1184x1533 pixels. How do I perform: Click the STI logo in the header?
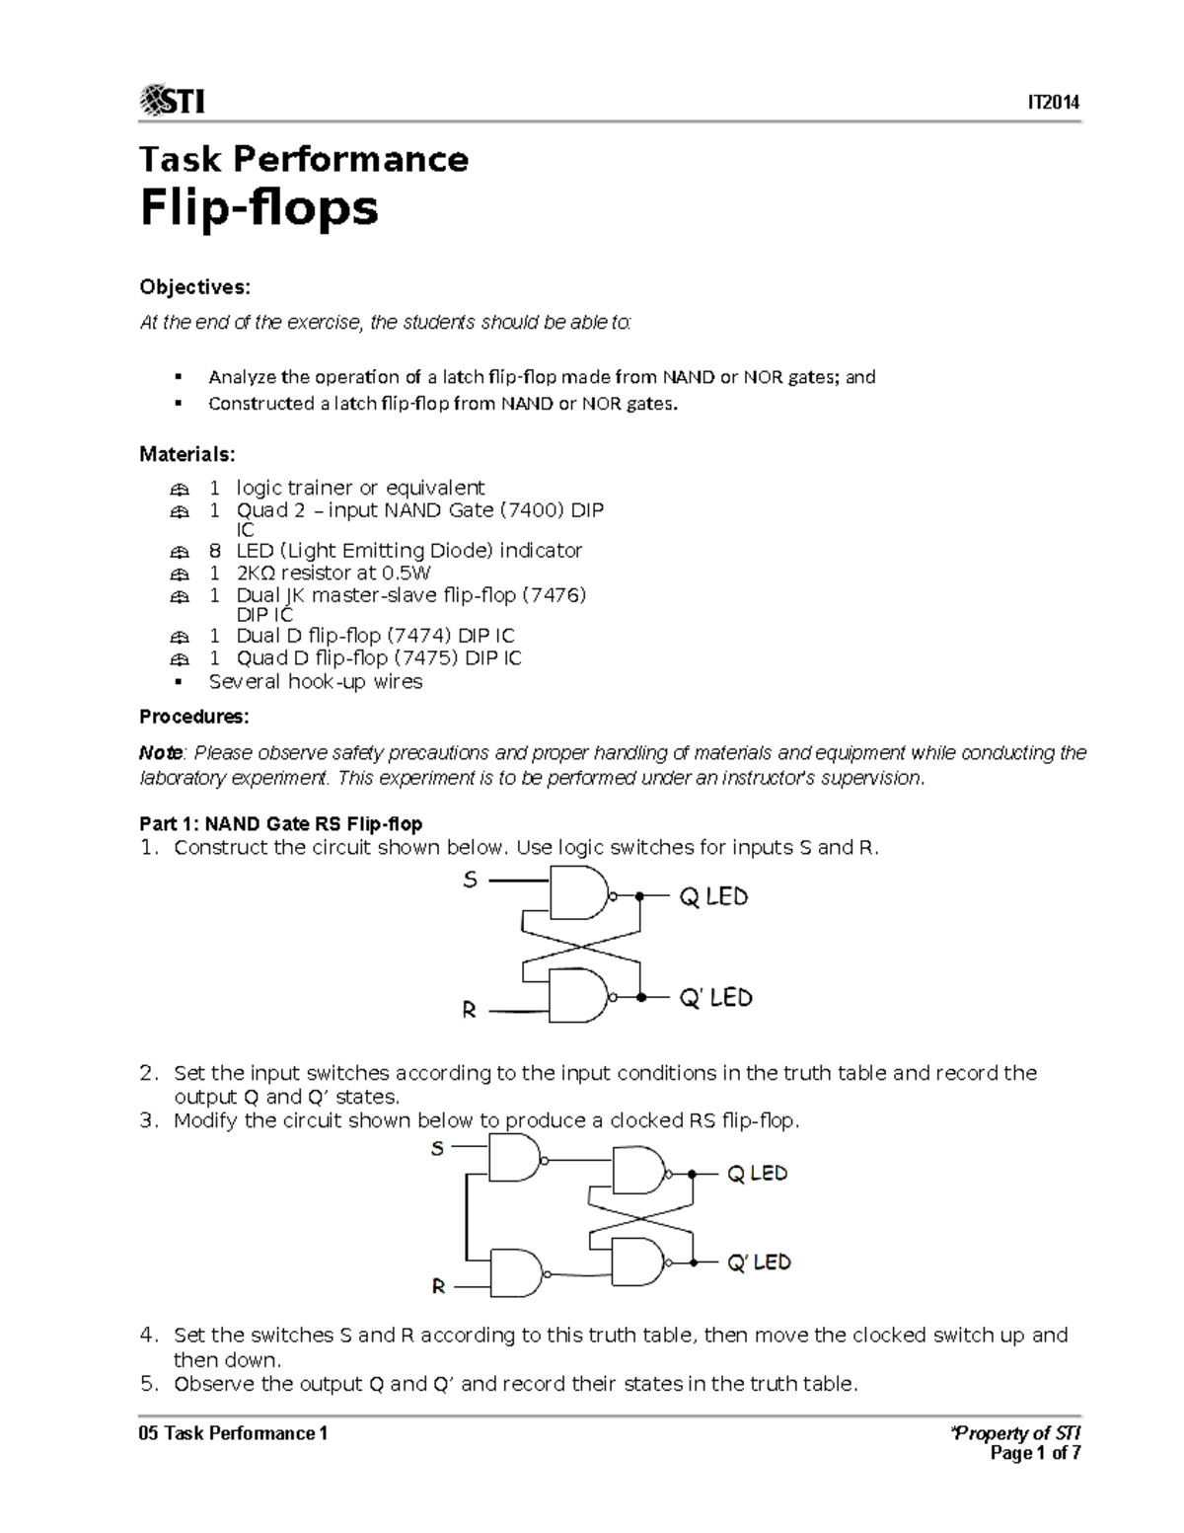173,101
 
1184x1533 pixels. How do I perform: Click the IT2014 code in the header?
1054,103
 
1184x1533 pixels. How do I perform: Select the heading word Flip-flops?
259,208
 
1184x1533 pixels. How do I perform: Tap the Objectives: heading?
194,287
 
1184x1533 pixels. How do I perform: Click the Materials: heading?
187,454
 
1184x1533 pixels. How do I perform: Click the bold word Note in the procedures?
161,753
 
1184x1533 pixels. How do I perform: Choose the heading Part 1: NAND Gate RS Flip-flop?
280,824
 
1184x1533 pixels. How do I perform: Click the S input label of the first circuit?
471,880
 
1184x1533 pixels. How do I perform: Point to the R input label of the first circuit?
470,1010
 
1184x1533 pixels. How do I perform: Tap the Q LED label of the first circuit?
713,897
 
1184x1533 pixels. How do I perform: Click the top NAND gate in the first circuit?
578,893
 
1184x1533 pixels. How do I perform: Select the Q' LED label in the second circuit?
759,1263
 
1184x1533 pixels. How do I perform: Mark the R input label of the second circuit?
439,1287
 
